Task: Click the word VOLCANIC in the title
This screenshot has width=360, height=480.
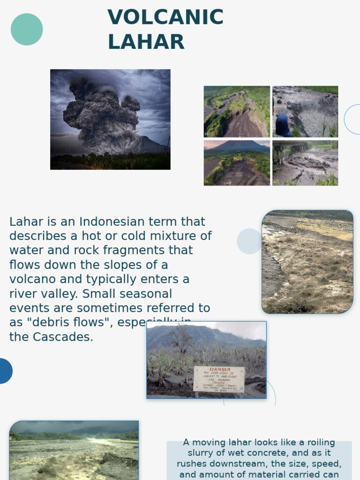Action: tap(165, 18)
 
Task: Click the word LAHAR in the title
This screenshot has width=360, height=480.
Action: tap(146, 42)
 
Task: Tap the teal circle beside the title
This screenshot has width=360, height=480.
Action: tap(27, 30)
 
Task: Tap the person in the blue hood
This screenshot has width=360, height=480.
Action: tap(283, 126)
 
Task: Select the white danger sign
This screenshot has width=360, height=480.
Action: tap(219, 379)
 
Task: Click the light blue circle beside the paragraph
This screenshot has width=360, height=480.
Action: tap(249, 241)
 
